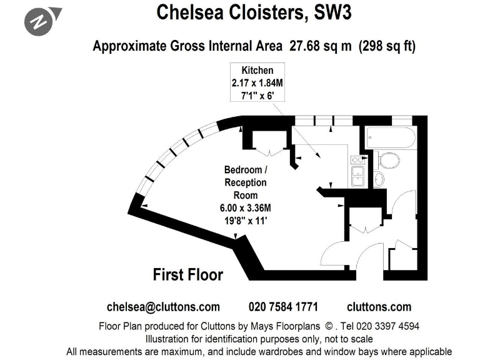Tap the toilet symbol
tap(389, 161)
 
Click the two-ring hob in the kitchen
tap(357, 159)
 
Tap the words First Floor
tap(187, 274)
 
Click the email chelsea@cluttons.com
tap(163, 306)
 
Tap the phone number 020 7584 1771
tap(283, 306)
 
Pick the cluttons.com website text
tap(379, 306)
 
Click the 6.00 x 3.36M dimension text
tap(246, 207)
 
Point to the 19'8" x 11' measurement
tap(246, 219)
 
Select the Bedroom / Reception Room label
tap(246, 182)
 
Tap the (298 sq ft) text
tap(386, 46)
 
